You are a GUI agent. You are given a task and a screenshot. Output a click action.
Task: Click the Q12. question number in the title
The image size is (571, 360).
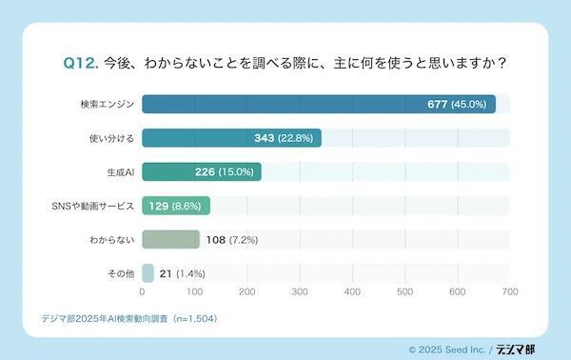80,63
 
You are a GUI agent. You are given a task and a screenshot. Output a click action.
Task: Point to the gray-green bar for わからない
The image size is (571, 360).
170,239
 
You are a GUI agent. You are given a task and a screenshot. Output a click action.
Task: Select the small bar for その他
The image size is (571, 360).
148,273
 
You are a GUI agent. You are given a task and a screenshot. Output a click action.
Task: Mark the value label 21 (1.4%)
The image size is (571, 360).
182,273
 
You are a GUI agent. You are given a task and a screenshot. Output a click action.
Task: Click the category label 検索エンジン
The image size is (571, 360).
108,104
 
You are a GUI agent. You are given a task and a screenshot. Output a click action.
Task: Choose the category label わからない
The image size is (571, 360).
111,239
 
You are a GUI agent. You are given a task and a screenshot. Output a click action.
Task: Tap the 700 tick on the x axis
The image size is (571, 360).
510,292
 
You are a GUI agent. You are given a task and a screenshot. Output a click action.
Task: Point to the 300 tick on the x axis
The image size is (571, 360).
300,292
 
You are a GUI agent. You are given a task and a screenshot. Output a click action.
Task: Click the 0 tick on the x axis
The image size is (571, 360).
142,292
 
